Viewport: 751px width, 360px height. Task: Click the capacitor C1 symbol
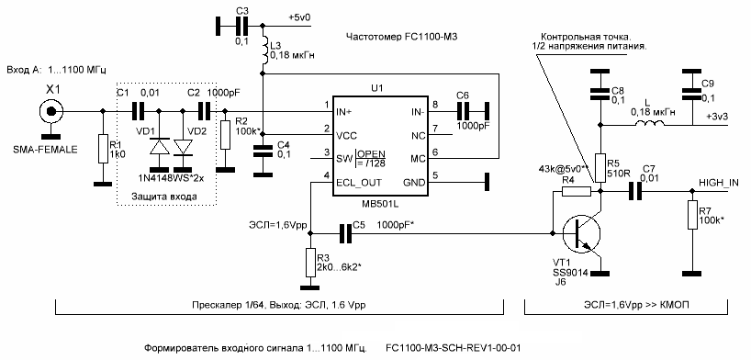pyautogui.click(x=138, y=112)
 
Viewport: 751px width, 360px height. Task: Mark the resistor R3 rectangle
pyautogui.click(x=311, y=265)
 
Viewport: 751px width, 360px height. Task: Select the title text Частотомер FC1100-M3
pyautogui.click(x=401, y=38)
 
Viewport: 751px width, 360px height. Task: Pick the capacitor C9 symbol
pyautogui.click(x=687, y=88)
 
